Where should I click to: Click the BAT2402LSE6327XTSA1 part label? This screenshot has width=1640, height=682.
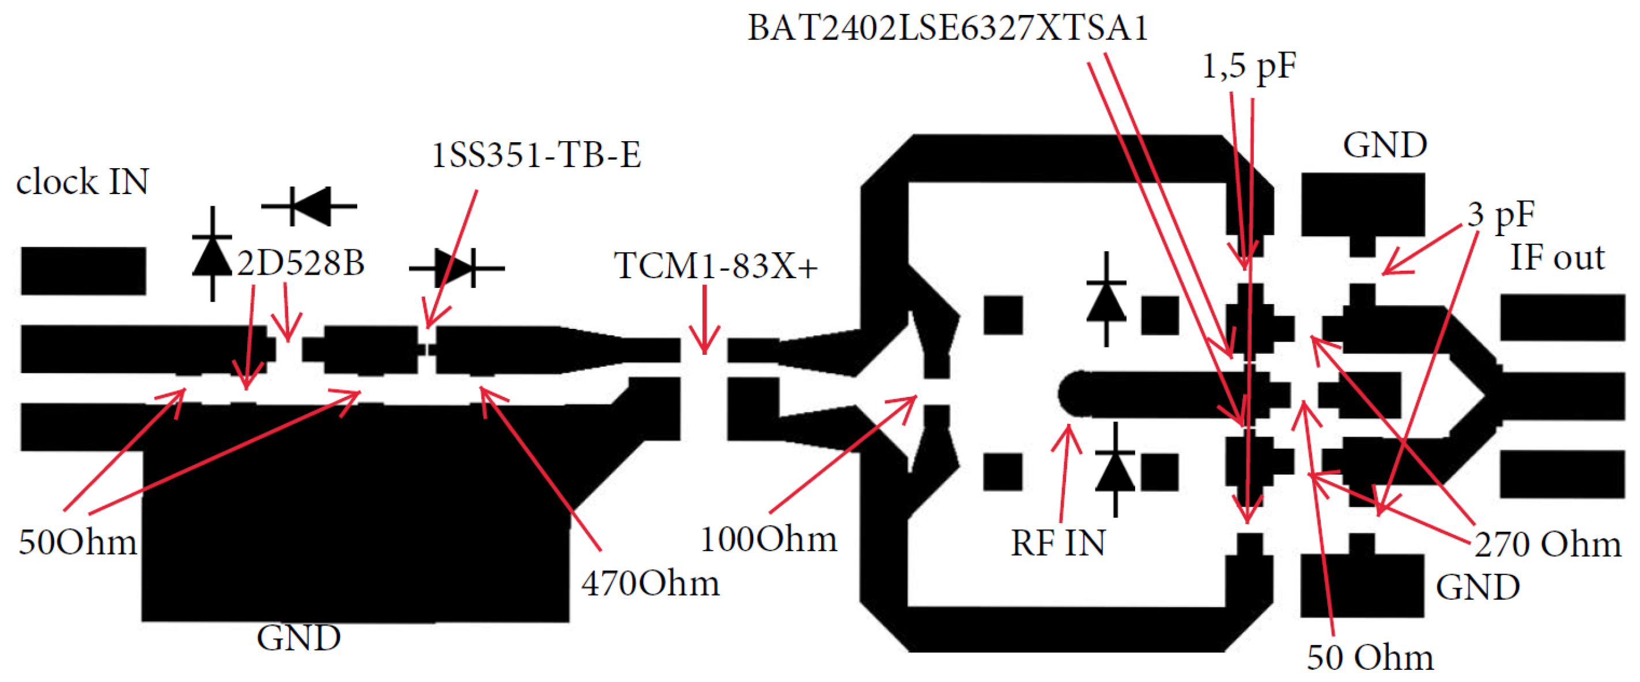(947, 29)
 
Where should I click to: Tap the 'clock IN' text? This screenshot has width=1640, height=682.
(82, 182)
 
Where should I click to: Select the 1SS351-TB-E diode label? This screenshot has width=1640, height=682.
(536, 155)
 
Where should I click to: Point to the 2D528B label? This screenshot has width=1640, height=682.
(300, 263)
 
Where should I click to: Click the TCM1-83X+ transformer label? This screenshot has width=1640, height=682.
(716, 266)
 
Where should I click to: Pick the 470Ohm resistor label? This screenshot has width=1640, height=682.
(650, 583)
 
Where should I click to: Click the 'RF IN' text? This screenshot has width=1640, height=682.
(1058, 543)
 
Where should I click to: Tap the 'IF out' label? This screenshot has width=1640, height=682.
(1557, 257)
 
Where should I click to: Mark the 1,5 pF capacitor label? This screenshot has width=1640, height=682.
(1249, 66)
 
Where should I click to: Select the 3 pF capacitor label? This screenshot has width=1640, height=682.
(1501, 214)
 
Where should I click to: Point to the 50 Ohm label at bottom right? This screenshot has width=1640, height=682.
(1370, 657)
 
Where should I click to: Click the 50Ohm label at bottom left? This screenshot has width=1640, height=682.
(78, 543)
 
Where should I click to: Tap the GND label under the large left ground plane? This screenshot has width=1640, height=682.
(298, 638)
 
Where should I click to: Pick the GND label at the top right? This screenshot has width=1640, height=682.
(1385, 145)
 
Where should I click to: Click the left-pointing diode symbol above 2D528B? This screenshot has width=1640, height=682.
(309, 206)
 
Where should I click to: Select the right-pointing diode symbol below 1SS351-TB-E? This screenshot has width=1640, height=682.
(456, 268)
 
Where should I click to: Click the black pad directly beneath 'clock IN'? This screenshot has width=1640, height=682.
(84, 271)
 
